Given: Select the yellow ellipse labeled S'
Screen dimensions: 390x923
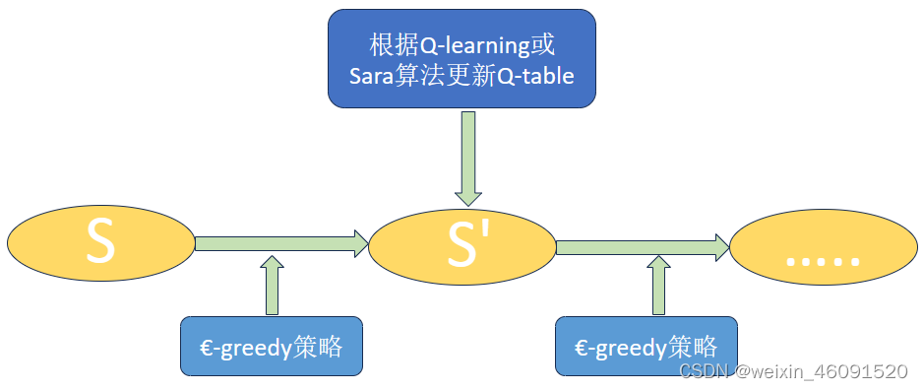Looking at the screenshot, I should click(x=461, y=245).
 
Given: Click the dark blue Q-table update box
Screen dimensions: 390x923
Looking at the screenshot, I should click(x=461, y=58).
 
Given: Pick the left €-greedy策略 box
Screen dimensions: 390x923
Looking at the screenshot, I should click(x=272, y=346).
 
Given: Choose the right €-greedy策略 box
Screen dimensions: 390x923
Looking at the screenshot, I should click(x=645, y=347).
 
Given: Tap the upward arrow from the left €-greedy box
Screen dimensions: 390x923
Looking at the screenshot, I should click(x=273, y=286).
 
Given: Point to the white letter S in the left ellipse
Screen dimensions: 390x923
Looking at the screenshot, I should click(x=99, y=243).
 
